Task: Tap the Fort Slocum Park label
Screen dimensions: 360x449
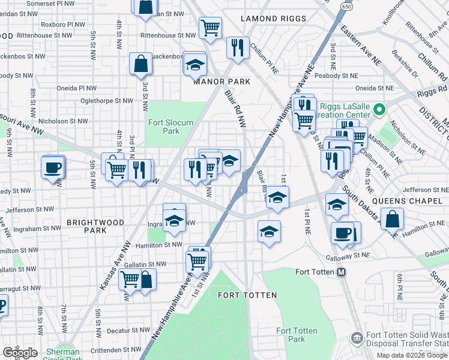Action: click(x=171, y=127)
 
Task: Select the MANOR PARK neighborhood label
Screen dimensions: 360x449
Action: click(x=217, y=82)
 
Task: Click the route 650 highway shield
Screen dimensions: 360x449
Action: click(x=346, y=5)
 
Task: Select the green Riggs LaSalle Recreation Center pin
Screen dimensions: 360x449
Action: click(x=379, y=110)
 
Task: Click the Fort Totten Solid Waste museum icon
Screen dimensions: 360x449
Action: click(x=358, y=338)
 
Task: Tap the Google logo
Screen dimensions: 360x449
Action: click(x=20, y=352)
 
